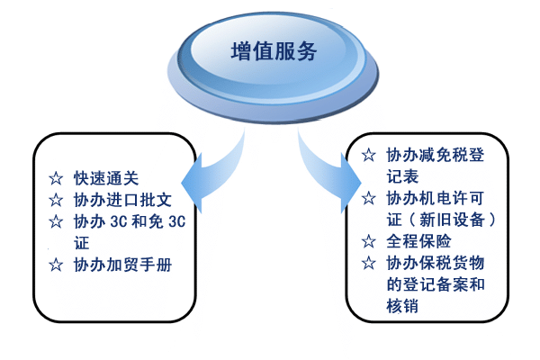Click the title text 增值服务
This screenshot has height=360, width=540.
coord(274,51)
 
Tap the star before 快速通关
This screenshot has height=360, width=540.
coord(56,178)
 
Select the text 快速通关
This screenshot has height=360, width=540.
coord(106,178)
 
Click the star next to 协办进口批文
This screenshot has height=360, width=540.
coord(56,200)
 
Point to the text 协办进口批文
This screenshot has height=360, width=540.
coord(122,200)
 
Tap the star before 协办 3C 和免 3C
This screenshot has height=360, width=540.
coord(56,221)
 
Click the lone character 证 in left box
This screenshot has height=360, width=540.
coord(82,243)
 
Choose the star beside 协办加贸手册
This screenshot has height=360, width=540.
coord(56,265)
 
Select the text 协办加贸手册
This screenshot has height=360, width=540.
coord(122,265)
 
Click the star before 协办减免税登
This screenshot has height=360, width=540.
coord(368,155)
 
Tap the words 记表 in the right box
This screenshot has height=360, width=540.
coord(402,176)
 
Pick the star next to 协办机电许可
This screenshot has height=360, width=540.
coord(368,198)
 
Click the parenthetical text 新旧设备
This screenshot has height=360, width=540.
coord(452,220)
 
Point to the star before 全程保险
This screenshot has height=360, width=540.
coord(368,241)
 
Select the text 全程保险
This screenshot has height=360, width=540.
coord(418,241)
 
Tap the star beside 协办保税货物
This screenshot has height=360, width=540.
coord(368,263)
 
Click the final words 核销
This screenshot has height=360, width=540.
coord(402,306)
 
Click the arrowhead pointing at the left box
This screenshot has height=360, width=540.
coord(192,184)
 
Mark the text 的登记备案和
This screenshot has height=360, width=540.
coord(436,284)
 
